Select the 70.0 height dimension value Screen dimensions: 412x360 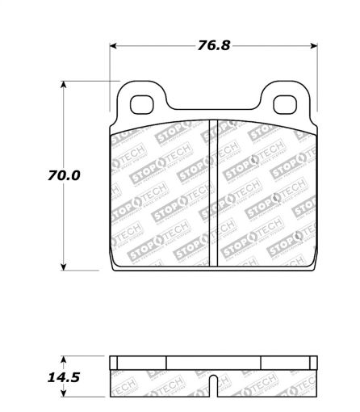pyautogui.click(x=65, y=174)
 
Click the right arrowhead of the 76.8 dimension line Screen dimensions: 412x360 pyautogui.click(x=314, y=45)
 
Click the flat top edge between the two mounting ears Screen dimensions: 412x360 pyautogui.click(x=214, y=111)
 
